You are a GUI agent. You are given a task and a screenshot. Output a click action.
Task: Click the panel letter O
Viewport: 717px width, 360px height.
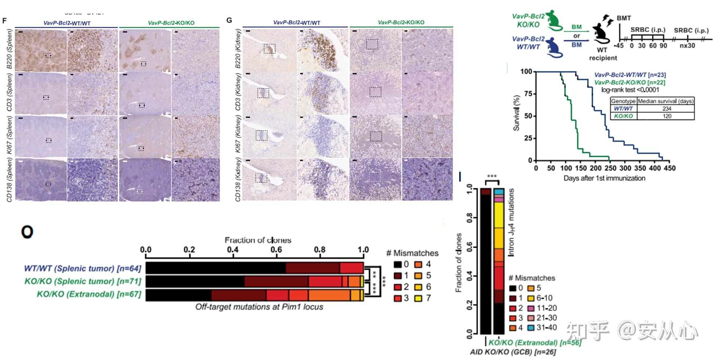(27, 232)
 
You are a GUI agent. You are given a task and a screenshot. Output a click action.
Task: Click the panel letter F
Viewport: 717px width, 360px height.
(4, 20)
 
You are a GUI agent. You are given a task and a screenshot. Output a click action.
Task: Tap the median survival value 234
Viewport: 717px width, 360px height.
(667, 109)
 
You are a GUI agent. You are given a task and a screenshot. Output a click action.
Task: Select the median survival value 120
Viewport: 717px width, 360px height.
(667, 116)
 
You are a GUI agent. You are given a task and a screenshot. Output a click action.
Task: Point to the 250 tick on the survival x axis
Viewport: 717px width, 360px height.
(610, 168)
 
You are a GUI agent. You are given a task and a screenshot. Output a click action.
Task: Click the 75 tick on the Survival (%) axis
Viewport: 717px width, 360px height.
(528, 94)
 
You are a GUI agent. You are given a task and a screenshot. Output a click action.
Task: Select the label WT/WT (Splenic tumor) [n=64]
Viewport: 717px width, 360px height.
(83, 269)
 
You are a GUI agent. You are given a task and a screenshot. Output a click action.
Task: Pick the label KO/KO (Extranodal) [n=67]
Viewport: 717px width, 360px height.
(89, 294)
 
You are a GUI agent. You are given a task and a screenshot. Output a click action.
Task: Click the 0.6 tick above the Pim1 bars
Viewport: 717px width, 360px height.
(276, 250)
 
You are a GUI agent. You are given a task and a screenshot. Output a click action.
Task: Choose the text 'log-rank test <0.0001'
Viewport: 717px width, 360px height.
(630, 90)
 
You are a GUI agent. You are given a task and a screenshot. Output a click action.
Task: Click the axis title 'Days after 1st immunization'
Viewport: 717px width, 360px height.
(604, 178)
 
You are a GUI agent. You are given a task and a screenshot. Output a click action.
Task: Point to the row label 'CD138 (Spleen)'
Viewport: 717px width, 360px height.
(9, 180)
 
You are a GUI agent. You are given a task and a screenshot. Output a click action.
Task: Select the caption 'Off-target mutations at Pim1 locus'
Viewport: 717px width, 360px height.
(259, 307)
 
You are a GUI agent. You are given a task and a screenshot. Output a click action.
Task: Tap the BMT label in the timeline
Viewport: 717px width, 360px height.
(624, 18)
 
